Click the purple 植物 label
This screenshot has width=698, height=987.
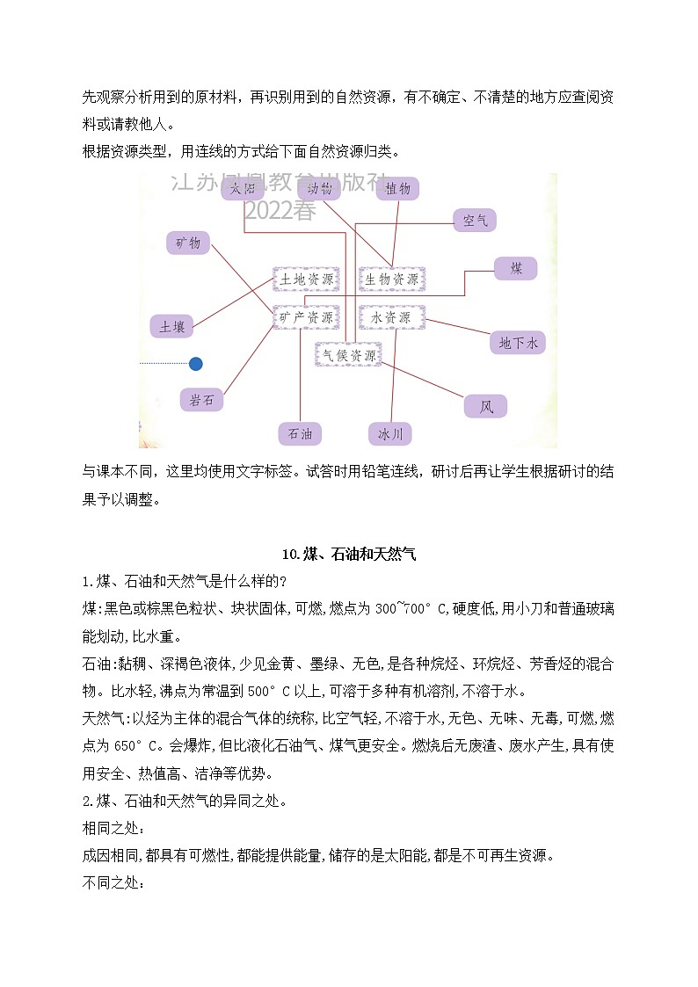pos(398,188)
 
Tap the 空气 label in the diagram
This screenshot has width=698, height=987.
pos(475,221)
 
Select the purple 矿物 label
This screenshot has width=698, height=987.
pos(188,243)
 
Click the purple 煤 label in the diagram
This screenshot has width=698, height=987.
pos(516,269)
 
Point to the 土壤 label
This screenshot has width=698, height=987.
pos(171,327)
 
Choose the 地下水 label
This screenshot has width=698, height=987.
pos(518,343)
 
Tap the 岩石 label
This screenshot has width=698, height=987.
pos(201,400)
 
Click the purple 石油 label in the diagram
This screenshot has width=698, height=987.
pos(300,433)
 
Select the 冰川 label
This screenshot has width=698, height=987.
pos(389,433)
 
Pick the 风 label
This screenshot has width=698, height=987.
pos(486,406)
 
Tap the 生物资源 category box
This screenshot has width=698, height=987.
pos(392,279)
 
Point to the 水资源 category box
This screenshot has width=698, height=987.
pos(392,317)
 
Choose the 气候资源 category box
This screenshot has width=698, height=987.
pos(349,355)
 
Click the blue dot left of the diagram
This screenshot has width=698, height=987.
pos(196,363)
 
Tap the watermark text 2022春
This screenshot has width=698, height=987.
pos(280,211)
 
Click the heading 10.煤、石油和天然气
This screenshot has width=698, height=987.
pos(349,554)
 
